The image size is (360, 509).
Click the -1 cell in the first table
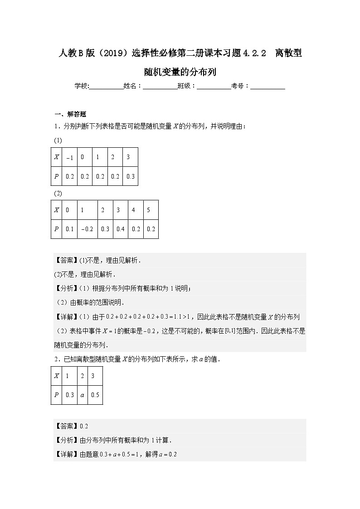pos(69,158)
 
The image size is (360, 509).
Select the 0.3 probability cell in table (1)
pos(130,177)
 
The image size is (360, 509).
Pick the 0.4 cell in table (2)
pos(120,229)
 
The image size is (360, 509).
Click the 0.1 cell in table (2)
pos(69,229)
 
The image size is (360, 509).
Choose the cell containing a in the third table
pos(82,395)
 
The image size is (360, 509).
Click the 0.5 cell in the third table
pos(95,395)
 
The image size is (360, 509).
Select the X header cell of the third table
pos(57,376)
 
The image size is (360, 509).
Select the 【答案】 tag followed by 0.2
pos(66,426)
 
